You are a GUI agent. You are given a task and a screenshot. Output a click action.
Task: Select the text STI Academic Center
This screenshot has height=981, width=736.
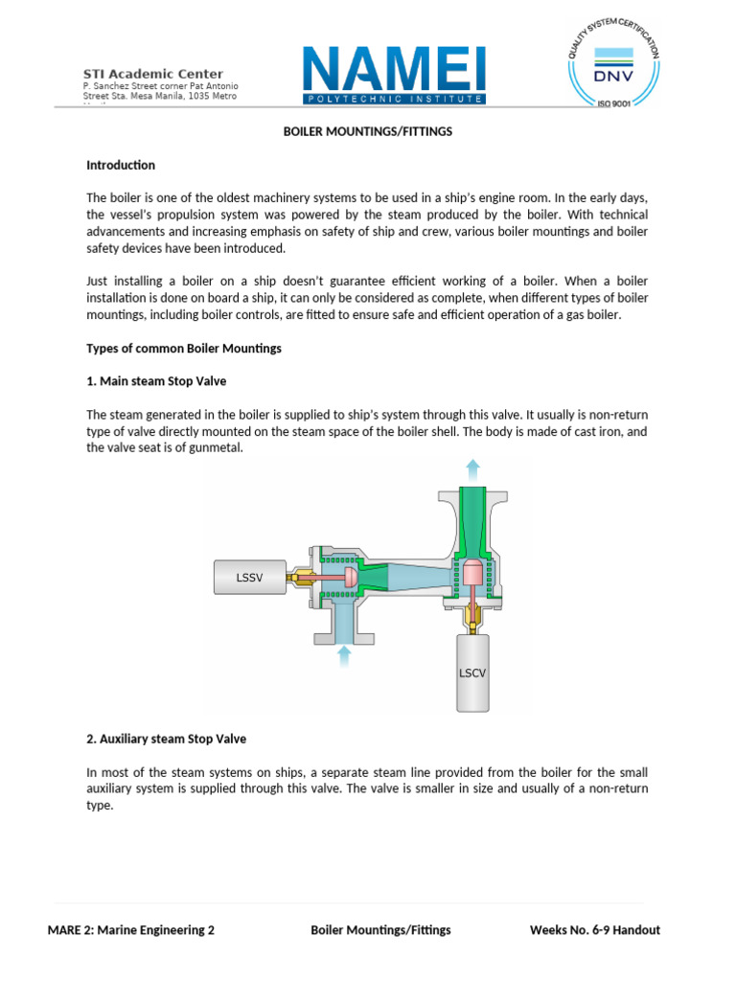(x=153, y=74)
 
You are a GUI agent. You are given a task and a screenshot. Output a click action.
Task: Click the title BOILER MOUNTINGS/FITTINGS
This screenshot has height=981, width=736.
(x=367, y=132)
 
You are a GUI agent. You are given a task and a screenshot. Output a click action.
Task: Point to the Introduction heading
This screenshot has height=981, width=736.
(x=121, y=165)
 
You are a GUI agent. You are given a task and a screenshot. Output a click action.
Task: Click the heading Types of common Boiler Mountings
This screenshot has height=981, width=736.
(x=184, y=348)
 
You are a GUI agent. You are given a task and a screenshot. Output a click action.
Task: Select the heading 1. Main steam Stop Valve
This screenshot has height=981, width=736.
(x=156, y=381)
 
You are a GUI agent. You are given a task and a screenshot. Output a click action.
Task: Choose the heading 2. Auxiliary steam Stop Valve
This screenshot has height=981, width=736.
(x=167, y=740)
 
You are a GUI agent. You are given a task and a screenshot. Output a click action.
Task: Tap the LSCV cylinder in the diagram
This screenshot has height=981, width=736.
(x=471, y=673)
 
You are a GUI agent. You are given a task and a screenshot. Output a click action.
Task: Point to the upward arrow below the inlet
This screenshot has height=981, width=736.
(x=344, y=655)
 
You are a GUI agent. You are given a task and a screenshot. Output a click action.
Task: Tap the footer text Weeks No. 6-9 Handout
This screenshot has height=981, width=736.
(x=594, y=930)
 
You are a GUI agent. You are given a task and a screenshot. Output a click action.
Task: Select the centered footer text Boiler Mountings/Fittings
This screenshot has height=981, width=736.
(x=380, y=930)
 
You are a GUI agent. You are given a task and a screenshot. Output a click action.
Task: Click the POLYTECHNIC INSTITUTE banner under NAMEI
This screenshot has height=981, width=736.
(x=394, y=99)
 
